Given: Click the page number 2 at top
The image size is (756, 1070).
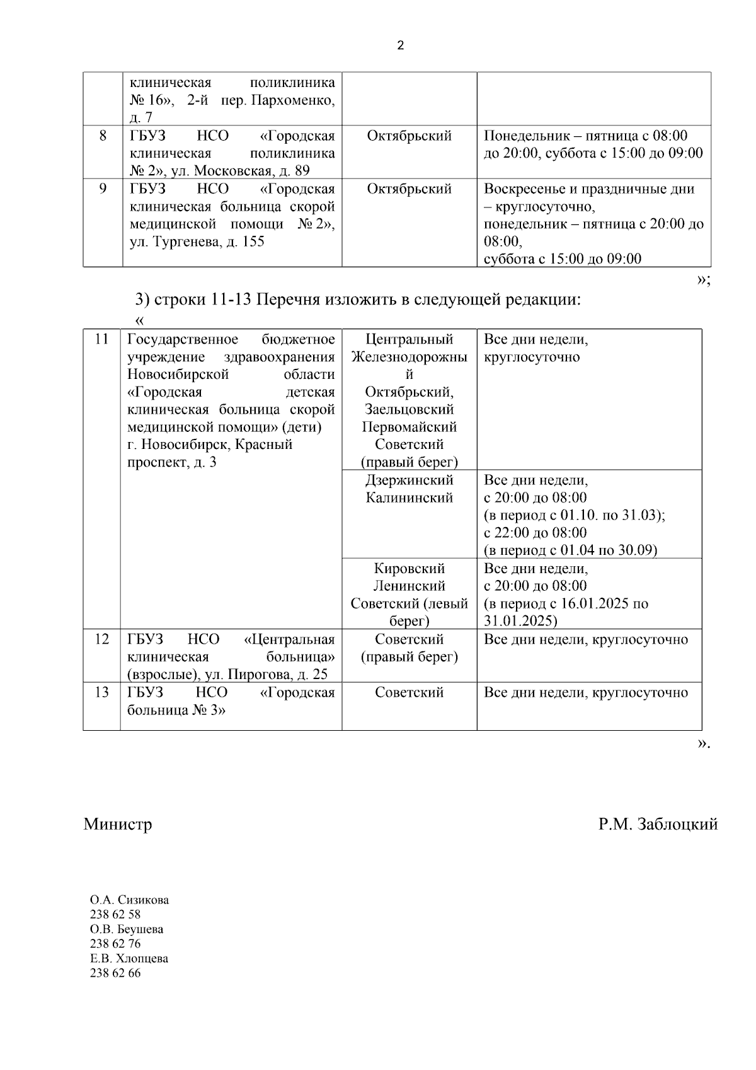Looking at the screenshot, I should (401, 45).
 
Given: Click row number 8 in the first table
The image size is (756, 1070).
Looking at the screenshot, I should (103, 136).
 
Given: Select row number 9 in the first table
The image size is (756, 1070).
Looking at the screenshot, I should (103, 189).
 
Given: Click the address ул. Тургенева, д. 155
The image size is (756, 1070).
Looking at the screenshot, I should (197, 241).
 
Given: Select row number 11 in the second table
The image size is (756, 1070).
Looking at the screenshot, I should (102, 339).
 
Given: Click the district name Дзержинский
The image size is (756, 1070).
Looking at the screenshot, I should (409, 480).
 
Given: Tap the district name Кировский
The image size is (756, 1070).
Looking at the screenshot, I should (409, 568).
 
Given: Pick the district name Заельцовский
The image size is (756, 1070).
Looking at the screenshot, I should (409, 409).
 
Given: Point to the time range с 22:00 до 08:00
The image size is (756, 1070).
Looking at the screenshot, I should (535, 533).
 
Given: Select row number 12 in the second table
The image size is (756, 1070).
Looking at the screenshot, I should (102, 639).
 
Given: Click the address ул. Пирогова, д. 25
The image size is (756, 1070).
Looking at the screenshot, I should (266, 675).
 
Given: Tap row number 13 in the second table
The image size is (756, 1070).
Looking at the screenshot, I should (102, 692).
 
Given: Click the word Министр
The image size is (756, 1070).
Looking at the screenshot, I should (118, 824).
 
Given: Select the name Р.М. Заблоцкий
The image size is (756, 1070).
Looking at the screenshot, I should (658, 824).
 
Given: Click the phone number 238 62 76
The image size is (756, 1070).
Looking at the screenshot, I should (115, 944).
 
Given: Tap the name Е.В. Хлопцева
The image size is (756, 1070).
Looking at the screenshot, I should (129, 958).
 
